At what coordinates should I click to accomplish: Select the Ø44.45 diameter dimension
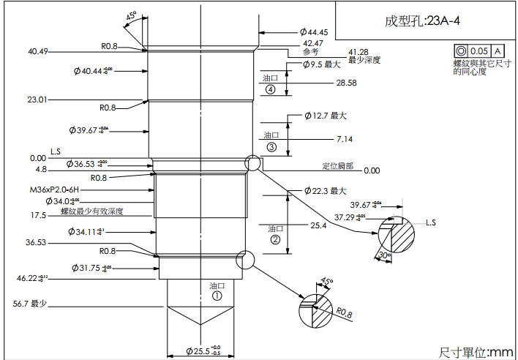tap(313, 33)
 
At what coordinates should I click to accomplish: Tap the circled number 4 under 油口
tap(271, 90)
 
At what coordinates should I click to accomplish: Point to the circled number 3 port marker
tap(271, 147)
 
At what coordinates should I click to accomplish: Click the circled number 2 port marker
tap(275, 239)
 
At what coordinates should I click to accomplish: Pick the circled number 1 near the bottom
tap(217, 296)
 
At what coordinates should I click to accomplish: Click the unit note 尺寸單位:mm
tap(475, 352)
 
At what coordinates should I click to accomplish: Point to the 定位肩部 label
tap(337, 166)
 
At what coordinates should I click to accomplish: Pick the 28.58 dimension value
tap(346, 83)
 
